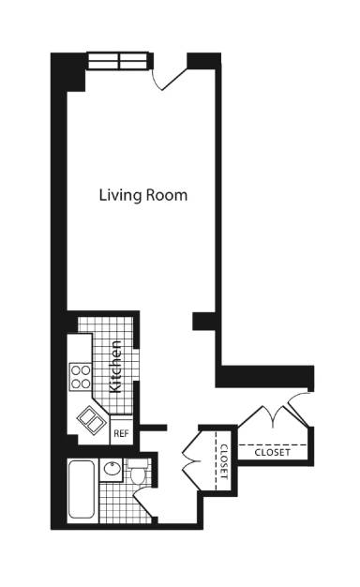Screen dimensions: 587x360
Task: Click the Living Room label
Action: pyautogui.click(x=143, y=196)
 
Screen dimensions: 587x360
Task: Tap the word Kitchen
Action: pyautogui.click(x=116, y=367)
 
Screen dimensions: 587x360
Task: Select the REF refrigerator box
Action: pyautogui.click(x=121, y=433)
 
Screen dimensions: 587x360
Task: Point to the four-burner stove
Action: pyautogui.click(x=81, y=376)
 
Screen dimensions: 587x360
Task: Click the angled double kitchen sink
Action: pyautogui.click(x=92, y=416)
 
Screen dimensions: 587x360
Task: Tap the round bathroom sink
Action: pyautogui.click(x=112, y=471)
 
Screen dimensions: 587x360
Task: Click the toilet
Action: pyautogui.click(x=138, y=473)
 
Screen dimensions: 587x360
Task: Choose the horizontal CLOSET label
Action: pyautogui.click(x=273, y=452)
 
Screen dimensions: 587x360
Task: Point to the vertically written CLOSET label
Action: pyautogui.click(x=223, y=460)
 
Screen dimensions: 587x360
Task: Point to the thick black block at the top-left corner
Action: pyautogui.click(x=68, y=72)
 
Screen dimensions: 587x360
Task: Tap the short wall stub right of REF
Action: pyautogui.click(x=154, y=428)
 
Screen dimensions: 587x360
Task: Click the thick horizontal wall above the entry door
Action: pyautogui.click(x=265, y=377)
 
